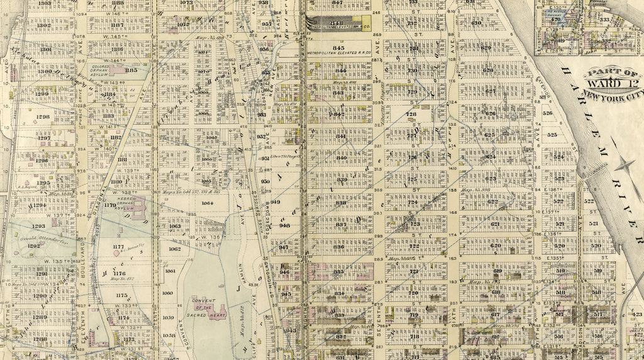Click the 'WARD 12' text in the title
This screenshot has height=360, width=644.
(x=607, y=81)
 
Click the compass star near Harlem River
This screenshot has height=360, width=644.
(x=625, y=166)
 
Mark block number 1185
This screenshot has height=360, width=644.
(x=131, y=70)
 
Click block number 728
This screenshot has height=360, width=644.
(x=411, y=114)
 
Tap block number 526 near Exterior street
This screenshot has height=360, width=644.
(x=548, y=114)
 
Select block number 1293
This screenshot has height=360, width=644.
(x=39, y=225)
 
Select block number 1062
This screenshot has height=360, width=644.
(x=175, y=249)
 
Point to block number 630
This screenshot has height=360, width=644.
(x=476, y=24)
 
